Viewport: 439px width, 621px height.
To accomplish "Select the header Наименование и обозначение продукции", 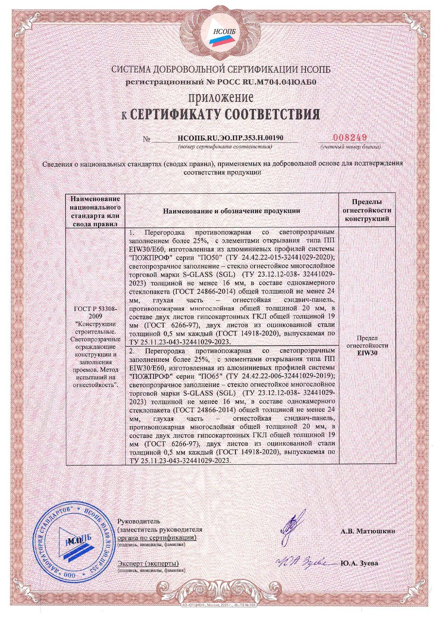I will [232, 211].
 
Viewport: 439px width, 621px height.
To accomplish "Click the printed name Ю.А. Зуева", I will [359, 563].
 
